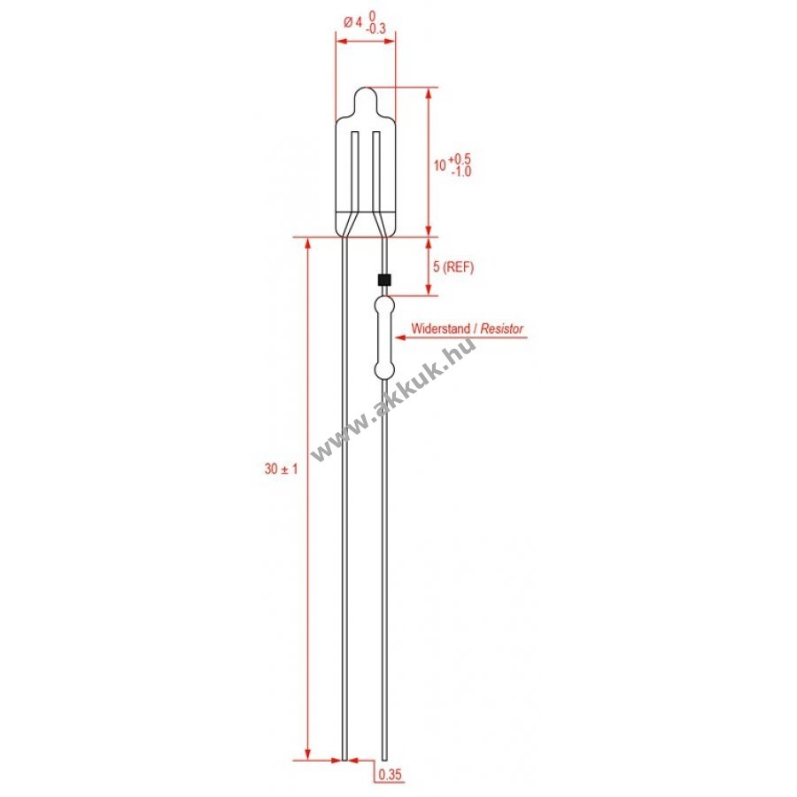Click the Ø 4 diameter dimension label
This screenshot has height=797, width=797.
[x=352, y=22]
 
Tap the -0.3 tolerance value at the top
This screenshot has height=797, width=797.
[x=375, y=29]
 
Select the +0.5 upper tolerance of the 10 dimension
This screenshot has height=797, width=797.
[x=460, y=159]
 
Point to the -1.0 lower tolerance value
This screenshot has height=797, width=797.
[x=461, y=171]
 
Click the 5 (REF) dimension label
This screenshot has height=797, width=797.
[x=453, y=267]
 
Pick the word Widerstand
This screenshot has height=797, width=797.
[x=441, y=329]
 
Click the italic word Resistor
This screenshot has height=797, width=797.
[x=502, y=329]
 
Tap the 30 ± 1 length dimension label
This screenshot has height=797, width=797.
[x=281, y=468]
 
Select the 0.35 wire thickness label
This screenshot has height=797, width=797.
[x=390, y=775]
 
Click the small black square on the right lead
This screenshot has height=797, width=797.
[x=384, y=280]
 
